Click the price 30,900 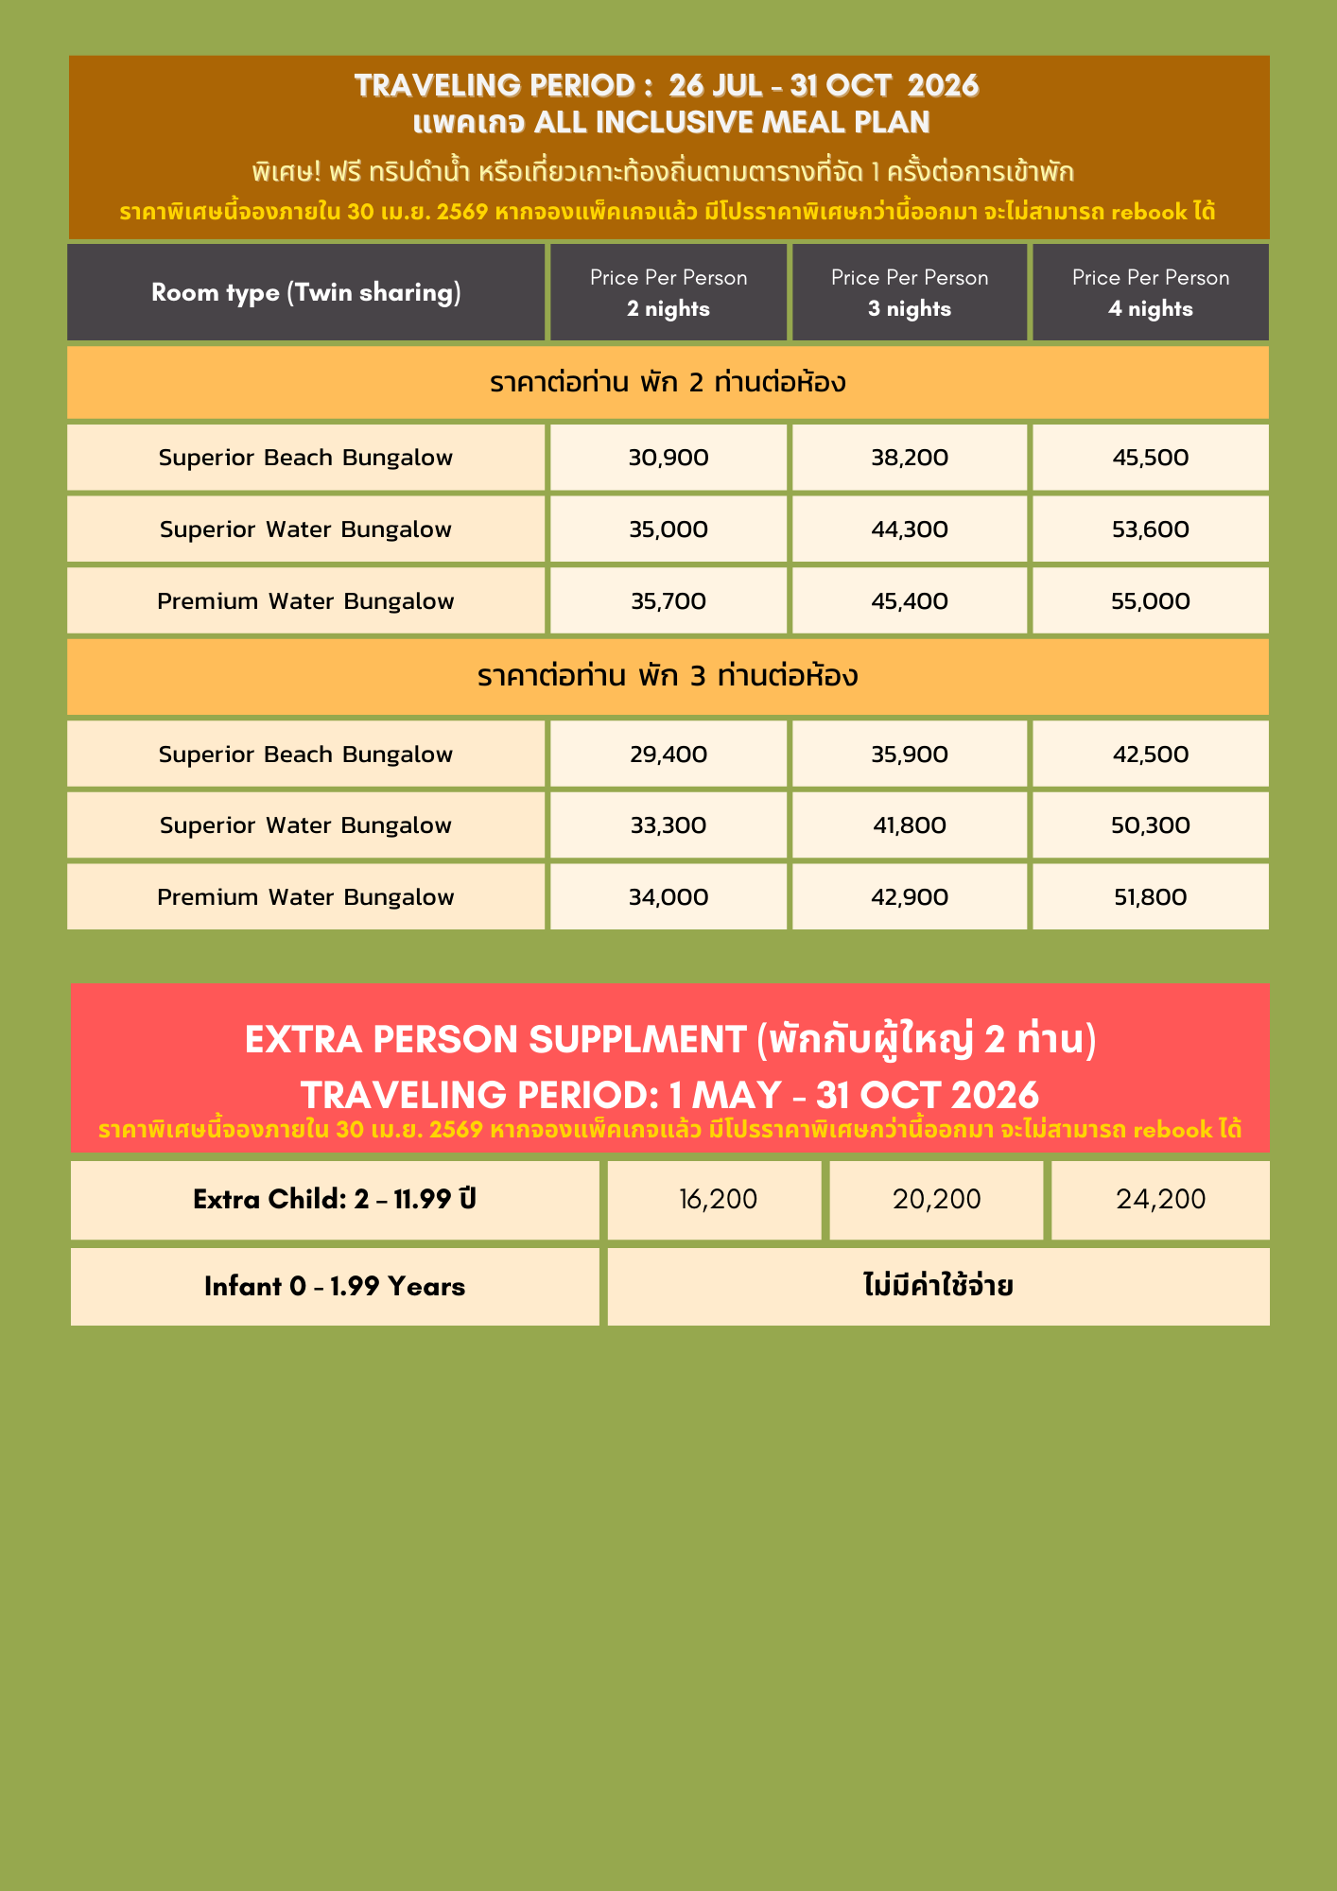point(668,458)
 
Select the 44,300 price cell point(910,529)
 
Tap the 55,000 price point(1151,601)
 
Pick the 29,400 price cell point(668,755)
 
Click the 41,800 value point(910,825)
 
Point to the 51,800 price point(1151,897)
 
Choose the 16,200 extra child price point(718,1200)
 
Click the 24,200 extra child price point(1160,1200)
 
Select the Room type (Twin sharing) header point(306,292)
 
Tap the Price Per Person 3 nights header point(910,292)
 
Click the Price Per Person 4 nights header point(1151,292)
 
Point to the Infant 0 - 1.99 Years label point(335,1287)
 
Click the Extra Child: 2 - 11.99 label point(335,1200)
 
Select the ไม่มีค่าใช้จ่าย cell point(938,1287)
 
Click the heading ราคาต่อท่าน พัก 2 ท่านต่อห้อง point(668,383)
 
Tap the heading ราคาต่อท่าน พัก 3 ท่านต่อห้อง point(668,677)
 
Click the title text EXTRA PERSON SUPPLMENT point(495,1040)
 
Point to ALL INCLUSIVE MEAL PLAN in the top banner point(732,123)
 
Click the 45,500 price point(1151,458)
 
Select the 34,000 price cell point(668,897)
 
